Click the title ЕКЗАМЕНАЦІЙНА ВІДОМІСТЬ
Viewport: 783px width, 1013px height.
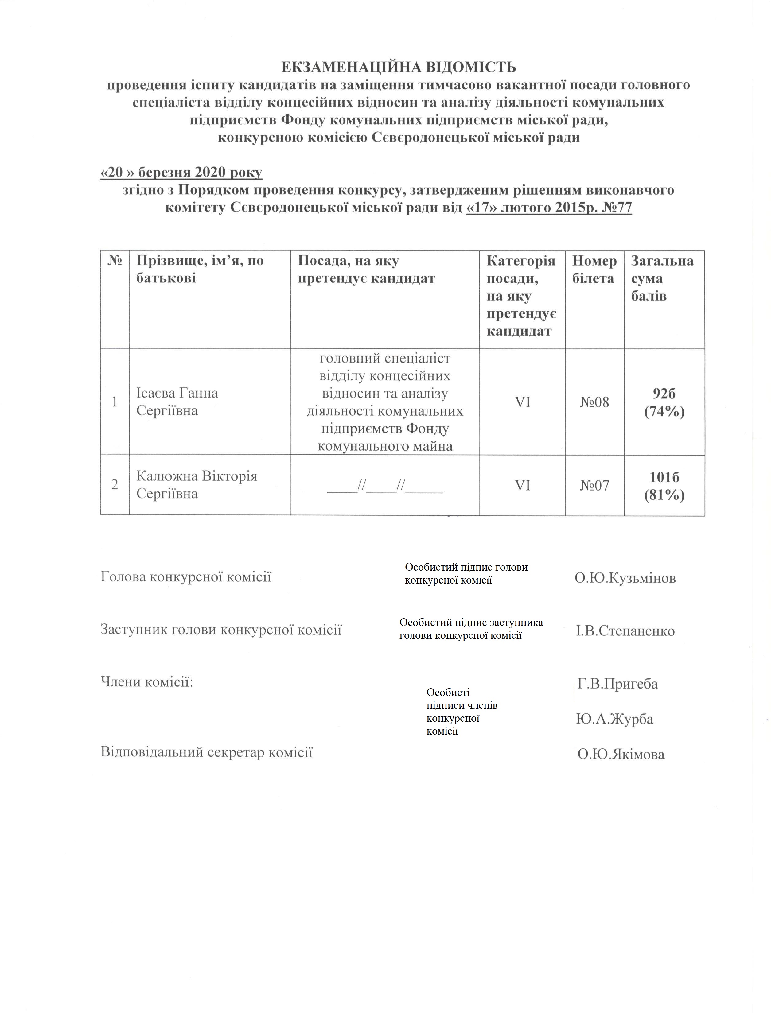click(399, 68)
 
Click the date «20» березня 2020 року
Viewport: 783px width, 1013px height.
click(181, 173)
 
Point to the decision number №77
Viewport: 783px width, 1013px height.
click(617, 207)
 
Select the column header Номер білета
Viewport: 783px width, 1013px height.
click(594, 270)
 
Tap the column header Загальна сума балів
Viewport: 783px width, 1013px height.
click(662, 278)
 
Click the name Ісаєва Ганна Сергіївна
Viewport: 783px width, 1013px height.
click(177, 402)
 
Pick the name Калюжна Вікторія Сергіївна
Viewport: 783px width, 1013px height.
click(197, 485)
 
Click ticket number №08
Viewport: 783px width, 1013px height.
click(594, 402)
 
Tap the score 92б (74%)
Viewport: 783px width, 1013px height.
click(664, 402)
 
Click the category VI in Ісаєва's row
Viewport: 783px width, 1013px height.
click(522, 402)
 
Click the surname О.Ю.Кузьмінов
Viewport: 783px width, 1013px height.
click(625, 578)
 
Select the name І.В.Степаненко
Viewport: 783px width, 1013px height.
click(625, 631)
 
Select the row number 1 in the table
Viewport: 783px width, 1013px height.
click(115, 402)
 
